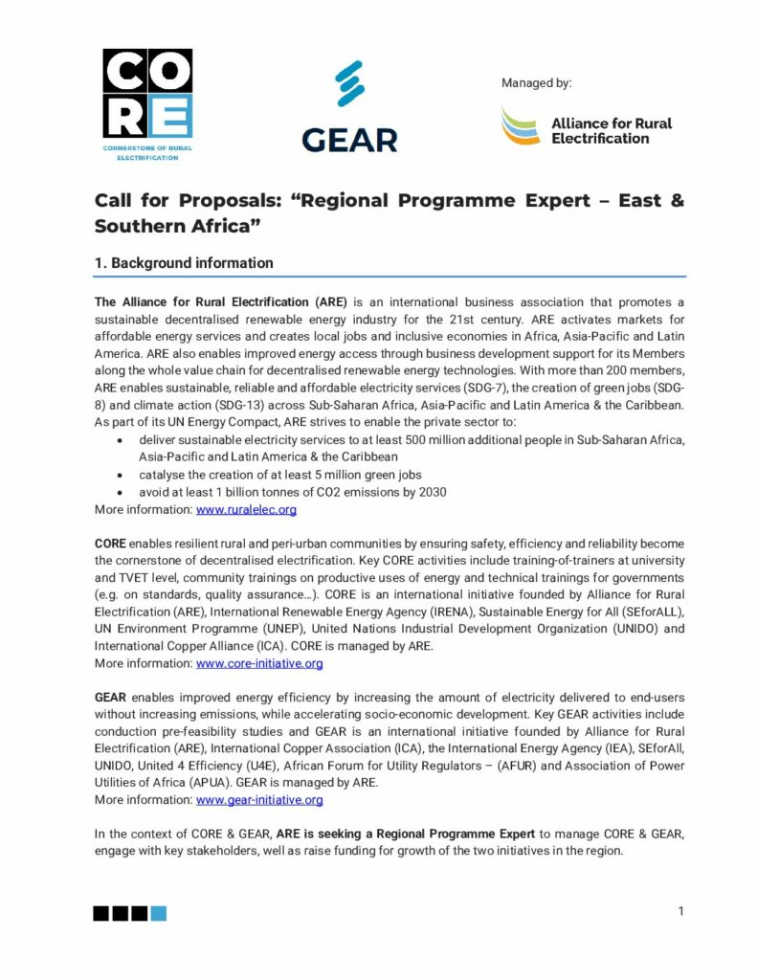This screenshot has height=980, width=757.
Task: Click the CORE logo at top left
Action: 147,93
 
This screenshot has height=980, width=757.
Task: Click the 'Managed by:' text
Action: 536,83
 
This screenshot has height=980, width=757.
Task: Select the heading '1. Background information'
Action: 183,263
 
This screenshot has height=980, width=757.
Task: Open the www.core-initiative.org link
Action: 259,663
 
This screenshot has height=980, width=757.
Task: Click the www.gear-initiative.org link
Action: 259,800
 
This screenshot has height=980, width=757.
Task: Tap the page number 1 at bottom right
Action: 680,911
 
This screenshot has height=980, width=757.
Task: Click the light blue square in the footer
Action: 159,914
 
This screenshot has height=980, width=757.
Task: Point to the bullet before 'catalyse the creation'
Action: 117,475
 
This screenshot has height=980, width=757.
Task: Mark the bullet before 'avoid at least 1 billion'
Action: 117,492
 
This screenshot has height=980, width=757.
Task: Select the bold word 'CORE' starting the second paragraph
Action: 110,543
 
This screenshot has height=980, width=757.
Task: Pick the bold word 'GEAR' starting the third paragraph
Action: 110,698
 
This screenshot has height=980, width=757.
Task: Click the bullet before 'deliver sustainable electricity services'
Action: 117,440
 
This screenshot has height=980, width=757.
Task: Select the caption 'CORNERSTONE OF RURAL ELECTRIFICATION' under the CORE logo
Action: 146,153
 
